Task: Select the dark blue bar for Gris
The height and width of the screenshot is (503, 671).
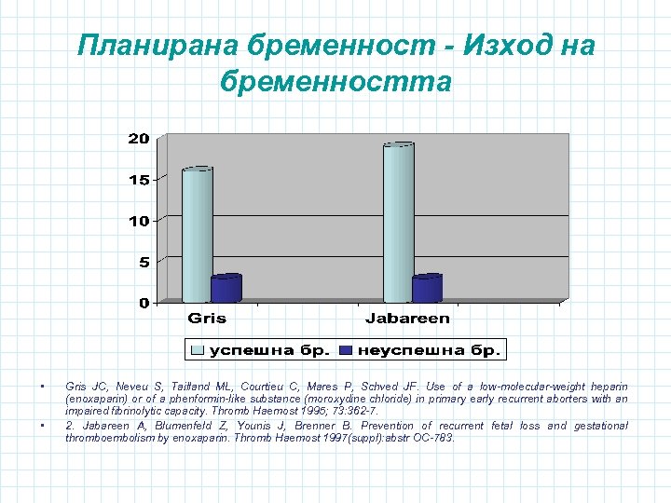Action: click(x=226, y=289)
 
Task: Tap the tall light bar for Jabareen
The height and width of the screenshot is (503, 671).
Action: click(x=398, y=223)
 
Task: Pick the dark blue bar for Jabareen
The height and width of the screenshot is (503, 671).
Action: click(x=427, y=289)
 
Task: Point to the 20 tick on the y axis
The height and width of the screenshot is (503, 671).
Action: click(x=138, y=139)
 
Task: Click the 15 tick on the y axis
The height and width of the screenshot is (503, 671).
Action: click(x=138, y=180)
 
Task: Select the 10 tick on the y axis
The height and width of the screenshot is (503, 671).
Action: click(x=138, y=221)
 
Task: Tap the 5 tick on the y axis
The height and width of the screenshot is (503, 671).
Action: click(x=143, y=262)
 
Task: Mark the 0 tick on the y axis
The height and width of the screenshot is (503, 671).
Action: click(x=144, y=303)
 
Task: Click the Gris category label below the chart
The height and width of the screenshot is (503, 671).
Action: click(x=207, y=319)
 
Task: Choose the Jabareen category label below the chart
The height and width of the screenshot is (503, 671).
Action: click(x=407, y=319)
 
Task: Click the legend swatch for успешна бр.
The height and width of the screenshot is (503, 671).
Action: click(x=198, y=350)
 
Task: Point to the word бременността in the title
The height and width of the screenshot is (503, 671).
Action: click(x=335, y=83)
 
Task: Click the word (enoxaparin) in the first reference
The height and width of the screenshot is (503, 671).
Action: click(x=95, y=399)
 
